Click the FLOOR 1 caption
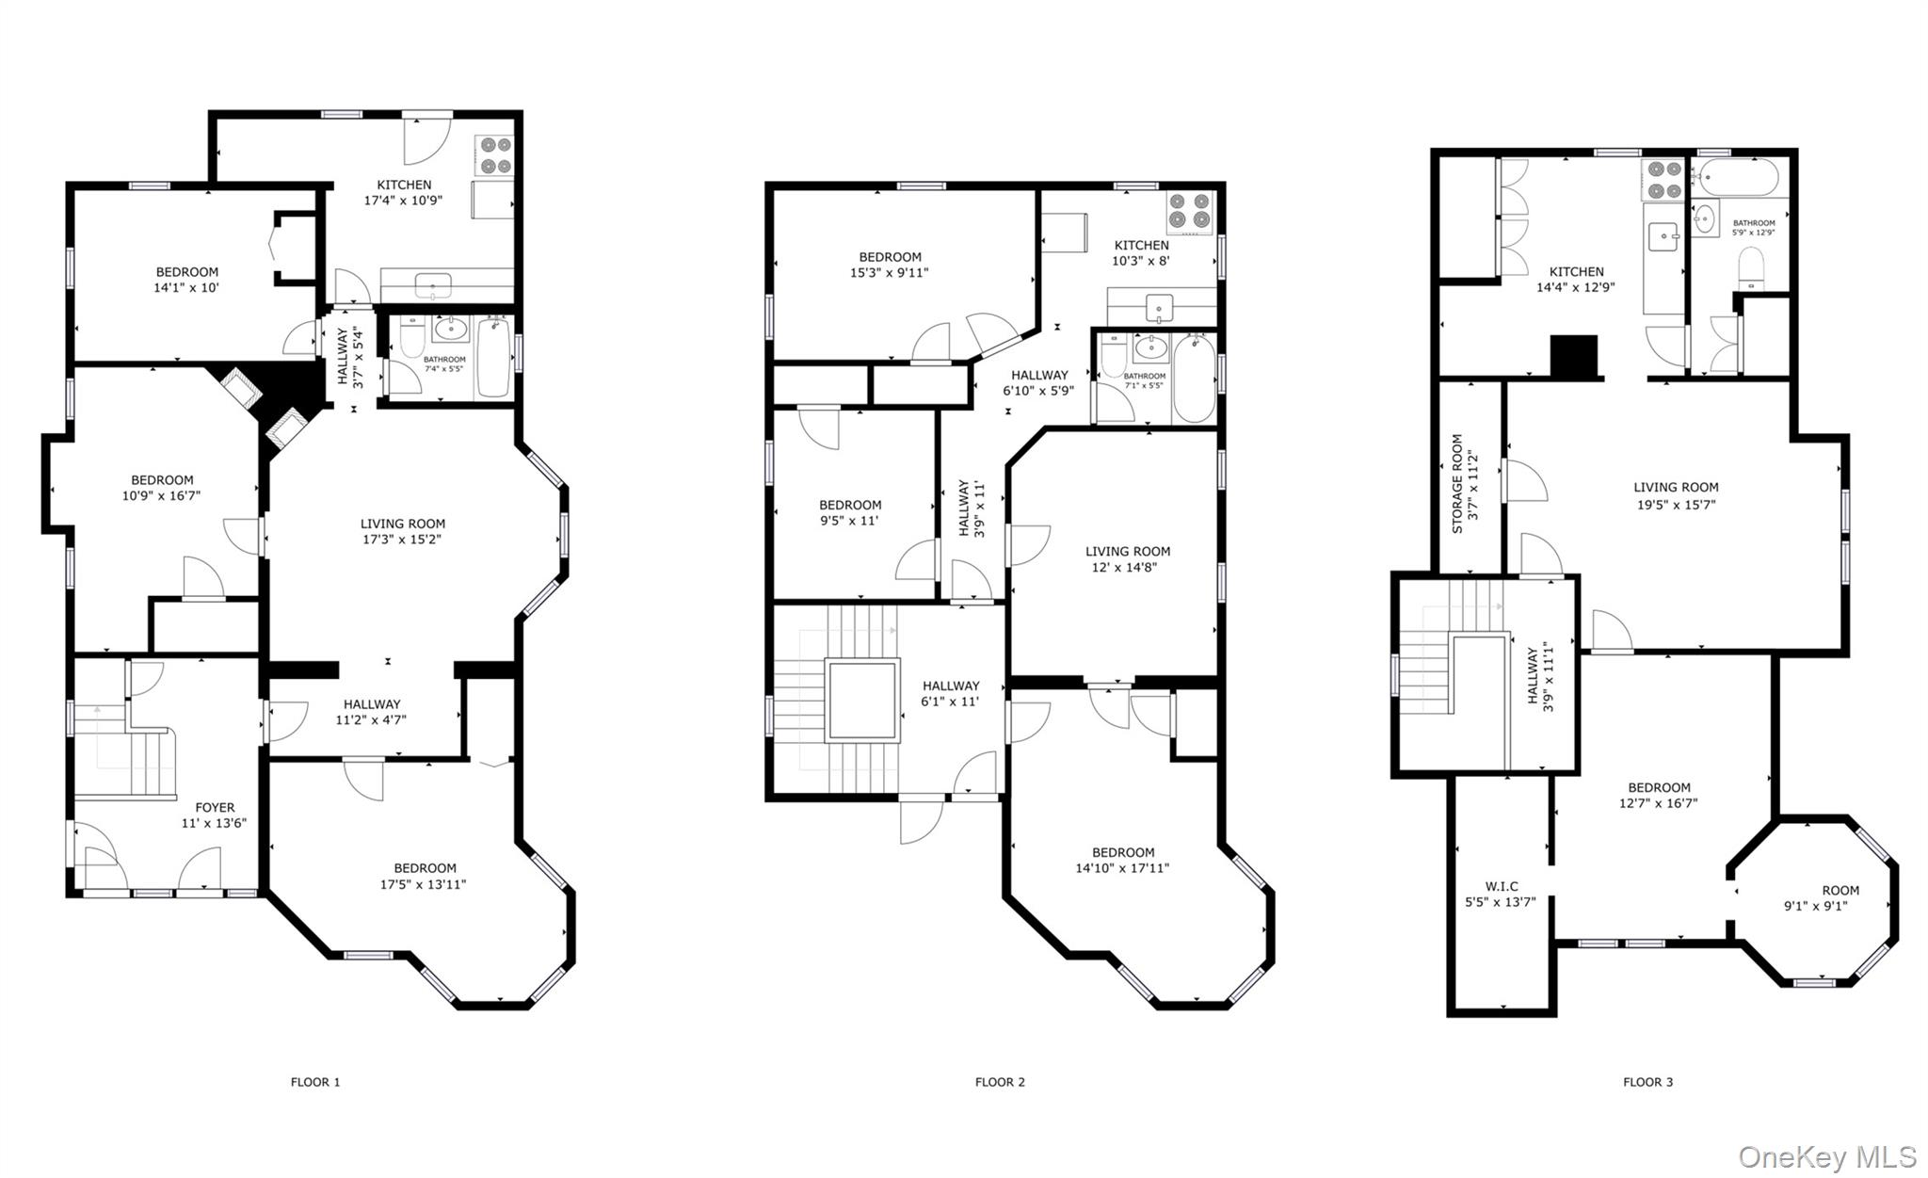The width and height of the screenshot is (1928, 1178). (x=315, y=1082)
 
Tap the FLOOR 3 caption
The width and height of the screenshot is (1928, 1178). (x=1647, y=1082)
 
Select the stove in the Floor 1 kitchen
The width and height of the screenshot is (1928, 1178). (x=495, y=155)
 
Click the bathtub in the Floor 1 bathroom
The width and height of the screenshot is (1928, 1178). (x=494, y=358)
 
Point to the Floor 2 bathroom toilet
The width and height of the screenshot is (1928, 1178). (x=1113, y=356)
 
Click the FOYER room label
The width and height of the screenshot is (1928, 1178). (x=215, y=815)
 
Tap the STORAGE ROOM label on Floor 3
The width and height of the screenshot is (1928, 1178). (x=1464, y=483)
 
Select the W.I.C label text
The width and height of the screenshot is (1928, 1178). (x=1501, y=894)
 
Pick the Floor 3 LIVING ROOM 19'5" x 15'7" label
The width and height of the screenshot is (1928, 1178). (x=1676, y=495)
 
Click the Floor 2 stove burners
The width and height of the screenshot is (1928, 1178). (x=1190, y=212)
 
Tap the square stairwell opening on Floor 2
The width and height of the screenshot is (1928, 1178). (x=862, y=700)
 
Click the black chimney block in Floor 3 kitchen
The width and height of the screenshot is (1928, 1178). (x=1575, y=356)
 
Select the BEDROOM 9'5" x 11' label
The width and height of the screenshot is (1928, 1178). (x=850, y=512)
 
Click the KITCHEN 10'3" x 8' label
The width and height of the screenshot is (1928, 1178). (x=1141, y=252)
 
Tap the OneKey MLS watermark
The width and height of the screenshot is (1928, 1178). (x=1826, y=1156)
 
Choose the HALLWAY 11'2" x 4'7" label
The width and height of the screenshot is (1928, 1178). (x=372, y=712)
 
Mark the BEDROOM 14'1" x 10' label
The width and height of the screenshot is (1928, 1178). (x=186, y=280)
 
